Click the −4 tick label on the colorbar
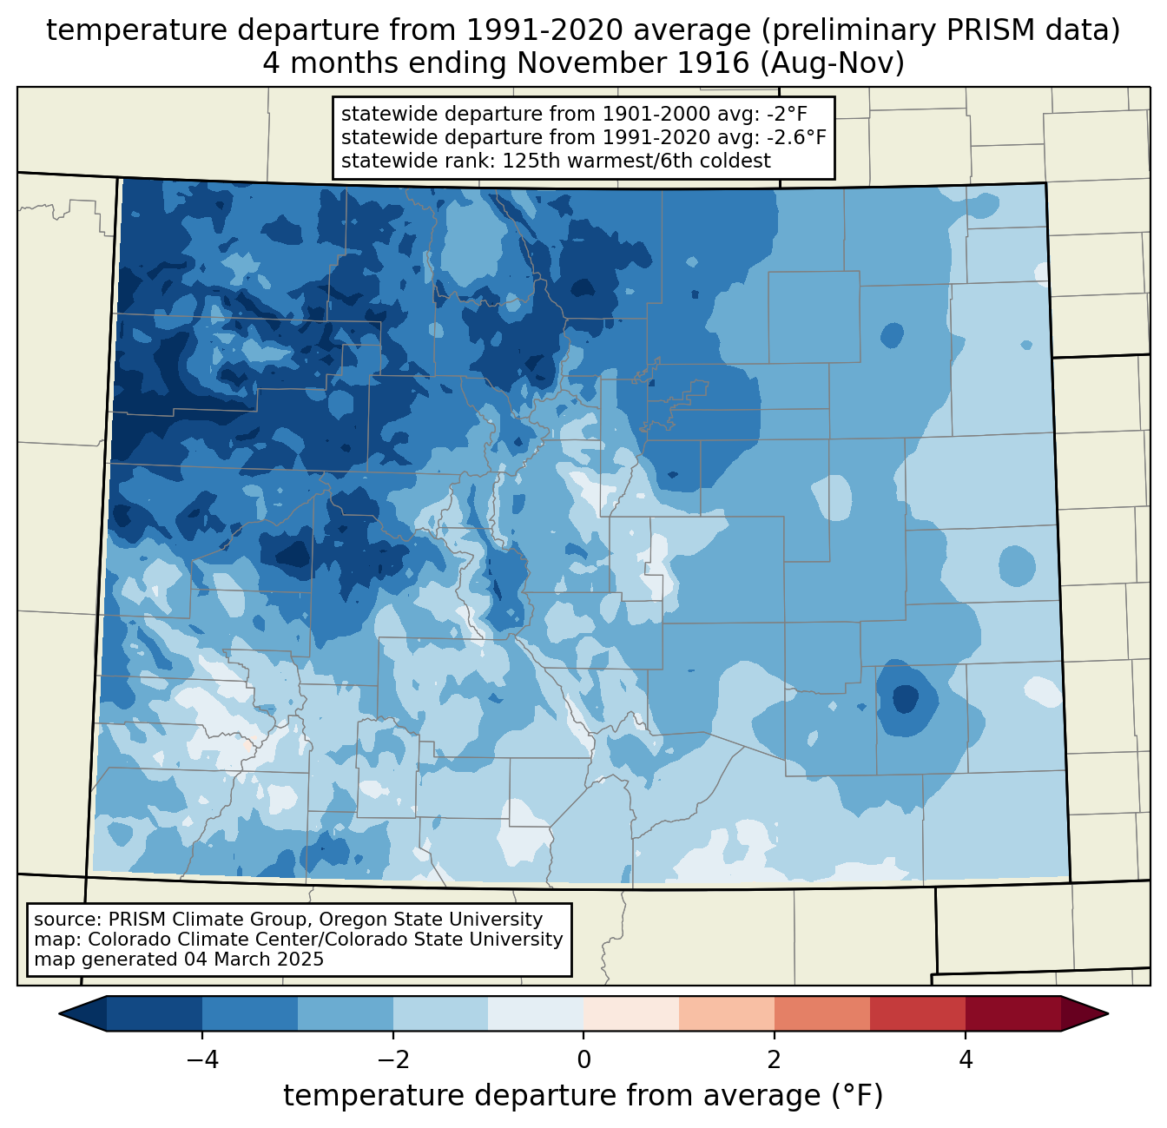click(202, 1059)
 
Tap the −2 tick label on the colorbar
click(392, 1059)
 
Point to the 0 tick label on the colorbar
click(583, 1059)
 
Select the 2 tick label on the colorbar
click(775, 1059)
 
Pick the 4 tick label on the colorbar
click(965, 1059)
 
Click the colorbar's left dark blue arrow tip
click(59, 1014)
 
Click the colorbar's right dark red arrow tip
click(1108, 1014)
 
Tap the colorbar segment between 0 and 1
click(631, 1014)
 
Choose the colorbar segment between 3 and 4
click(918, 1014)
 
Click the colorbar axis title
click(583, 1096)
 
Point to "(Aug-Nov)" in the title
click(832, 63)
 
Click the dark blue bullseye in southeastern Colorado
click(906, 699)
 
